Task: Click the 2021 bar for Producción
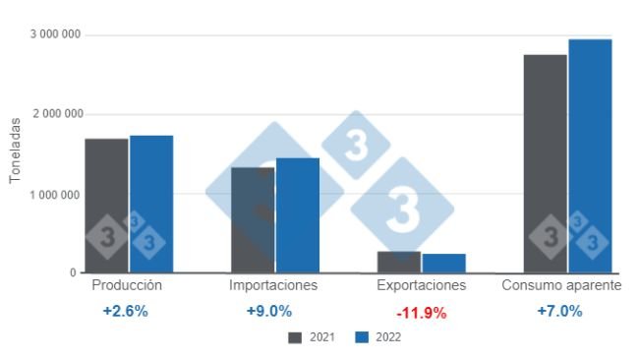tap(106, 206)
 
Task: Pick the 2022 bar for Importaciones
tap(297, 215)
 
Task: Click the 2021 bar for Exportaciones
tap(399, 262)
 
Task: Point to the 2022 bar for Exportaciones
tap(443, 263)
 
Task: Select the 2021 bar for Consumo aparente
tap(545, 163)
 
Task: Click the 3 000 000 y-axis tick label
tap(55, 34)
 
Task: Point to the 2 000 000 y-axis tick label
tap(55, 114)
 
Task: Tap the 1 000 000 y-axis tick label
tap(55, 194)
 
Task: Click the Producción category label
tap(126, 285)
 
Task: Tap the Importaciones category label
tap(273, 285)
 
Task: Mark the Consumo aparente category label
tap(561, 285)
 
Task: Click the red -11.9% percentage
tap(421, 313)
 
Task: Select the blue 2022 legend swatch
tap(361, 337)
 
